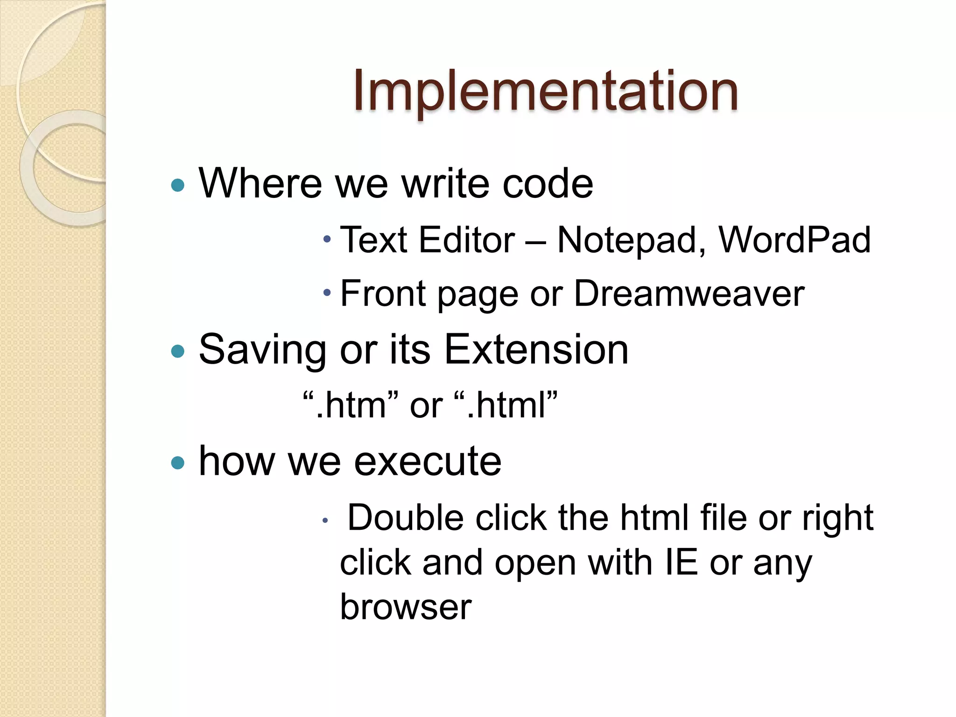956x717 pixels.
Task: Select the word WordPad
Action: click(794, 239)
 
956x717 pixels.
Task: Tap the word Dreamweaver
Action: click(689, 294)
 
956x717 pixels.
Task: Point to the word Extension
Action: click(536, 350)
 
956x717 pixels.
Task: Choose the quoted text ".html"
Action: click(506, 405)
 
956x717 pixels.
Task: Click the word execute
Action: click(428, 461)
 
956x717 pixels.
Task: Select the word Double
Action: click(405, 518)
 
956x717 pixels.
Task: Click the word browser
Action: click(406, 607)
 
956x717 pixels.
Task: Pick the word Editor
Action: click(467, 240)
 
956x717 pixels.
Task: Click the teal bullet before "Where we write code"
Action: click(178, 185)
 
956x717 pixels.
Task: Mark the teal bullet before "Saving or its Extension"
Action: click(178, 351)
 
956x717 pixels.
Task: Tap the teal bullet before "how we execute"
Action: click(178, 463)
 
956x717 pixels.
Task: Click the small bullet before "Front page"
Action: click(327, 293)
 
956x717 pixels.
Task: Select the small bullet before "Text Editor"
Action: click(327, 239)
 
